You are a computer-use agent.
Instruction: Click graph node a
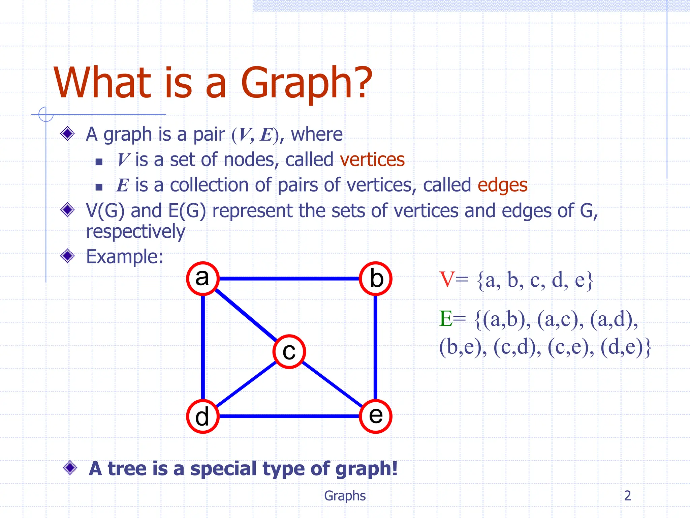point(203,279)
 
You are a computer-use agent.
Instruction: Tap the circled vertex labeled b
point(376,279)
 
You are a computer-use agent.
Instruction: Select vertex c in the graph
point(289,351)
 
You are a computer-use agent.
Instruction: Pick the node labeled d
point(203,416)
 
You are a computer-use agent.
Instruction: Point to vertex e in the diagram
point(376,416)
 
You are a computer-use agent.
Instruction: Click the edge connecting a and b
point(289,279)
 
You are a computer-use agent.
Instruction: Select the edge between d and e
point(289,416)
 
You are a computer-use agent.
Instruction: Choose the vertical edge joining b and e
point(376,347)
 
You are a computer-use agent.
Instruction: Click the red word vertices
point(372,160)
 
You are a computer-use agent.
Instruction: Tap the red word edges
point(502,185)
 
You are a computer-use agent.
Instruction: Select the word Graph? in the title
point(306,83)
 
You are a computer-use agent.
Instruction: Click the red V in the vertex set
point(447,280)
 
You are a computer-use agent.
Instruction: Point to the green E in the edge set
point(446,319)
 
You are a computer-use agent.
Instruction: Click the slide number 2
point(627,495)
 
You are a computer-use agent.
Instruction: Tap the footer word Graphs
point(345,496)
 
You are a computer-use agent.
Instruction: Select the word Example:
point(125,257)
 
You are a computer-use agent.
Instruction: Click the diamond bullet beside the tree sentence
point(70,468)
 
